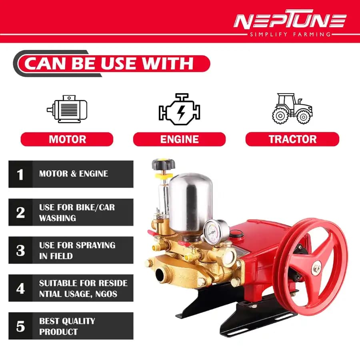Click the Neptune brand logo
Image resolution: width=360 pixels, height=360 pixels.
(x=290, y=21)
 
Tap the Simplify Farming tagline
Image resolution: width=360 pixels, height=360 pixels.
(x=290, y=34)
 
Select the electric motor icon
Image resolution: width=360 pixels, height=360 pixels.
(x=67, y=109)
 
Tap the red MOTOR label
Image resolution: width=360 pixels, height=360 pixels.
(x=67, y=139)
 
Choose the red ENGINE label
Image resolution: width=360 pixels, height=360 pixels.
(x=179, y=139)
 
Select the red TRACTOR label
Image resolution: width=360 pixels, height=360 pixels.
(x=292, y=139)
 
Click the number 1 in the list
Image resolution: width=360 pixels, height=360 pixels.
(x=20, y=174)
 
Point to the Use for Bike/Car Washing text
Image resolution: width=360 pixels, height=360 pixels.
(x=77, y=213)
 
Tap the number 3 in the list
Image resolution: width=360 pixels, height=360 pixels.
(x=20, y=250)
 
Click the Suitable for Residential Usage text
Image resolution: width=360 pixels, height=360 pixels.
(x=83, y=288)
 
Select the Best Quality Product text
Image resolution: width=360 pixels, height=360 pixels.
(x=67, y=326)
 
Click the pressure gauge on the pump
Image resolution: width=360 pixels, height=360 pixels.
(x=210, y=230)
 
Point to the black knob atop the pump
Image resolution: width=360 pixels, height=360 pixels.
(x=162, y=164)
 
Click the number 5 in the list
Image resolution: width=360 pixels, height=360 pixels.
(x=20, y=326)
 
